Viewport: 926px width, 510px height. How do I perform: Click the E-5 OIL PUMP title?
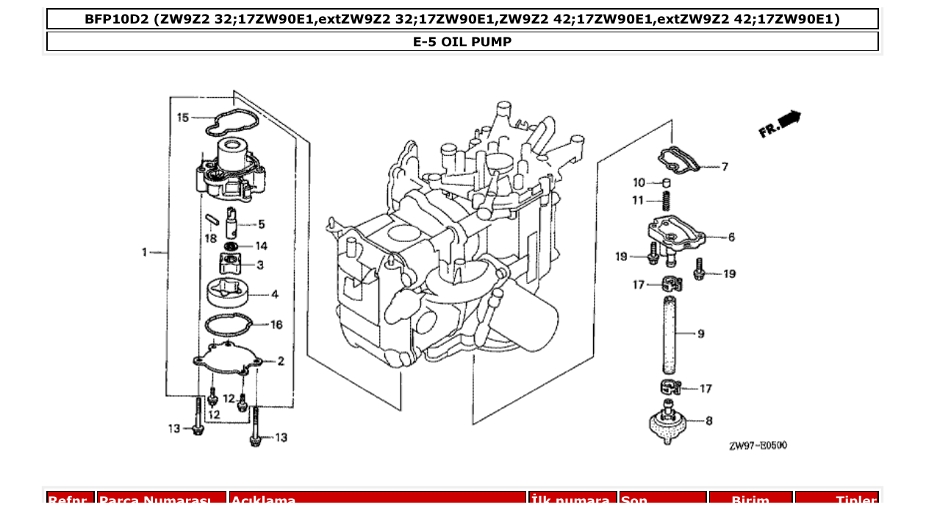coord(462,42)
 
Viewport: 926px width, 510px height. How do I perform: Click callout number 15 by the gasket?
coord(183,117)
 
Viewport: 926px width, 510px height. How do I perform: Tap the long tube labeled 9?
coord(669,332)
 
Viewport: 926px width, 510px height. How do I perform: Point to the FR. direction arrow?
coord(780,124)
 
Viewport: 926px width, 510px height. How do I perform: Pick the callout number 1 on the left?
coord(145,253)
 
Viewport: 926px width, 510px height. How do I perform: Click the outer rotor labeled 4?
coord(227,292)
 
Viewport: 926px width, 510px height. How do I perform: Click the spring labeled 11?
coord(667,200)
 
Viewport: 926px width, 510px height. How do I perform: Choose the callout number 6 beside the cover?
coord(731,237)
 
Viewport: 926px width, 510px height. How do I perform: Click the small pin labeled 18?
coord(210,218)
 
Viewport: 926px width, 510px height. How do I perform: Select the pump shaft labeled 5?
coord(231,219)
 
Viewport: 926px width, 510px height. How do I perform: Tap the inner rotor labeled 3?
coord(230,263)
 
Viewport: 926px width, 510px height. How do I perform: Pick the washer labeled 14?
coord(231,245)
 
